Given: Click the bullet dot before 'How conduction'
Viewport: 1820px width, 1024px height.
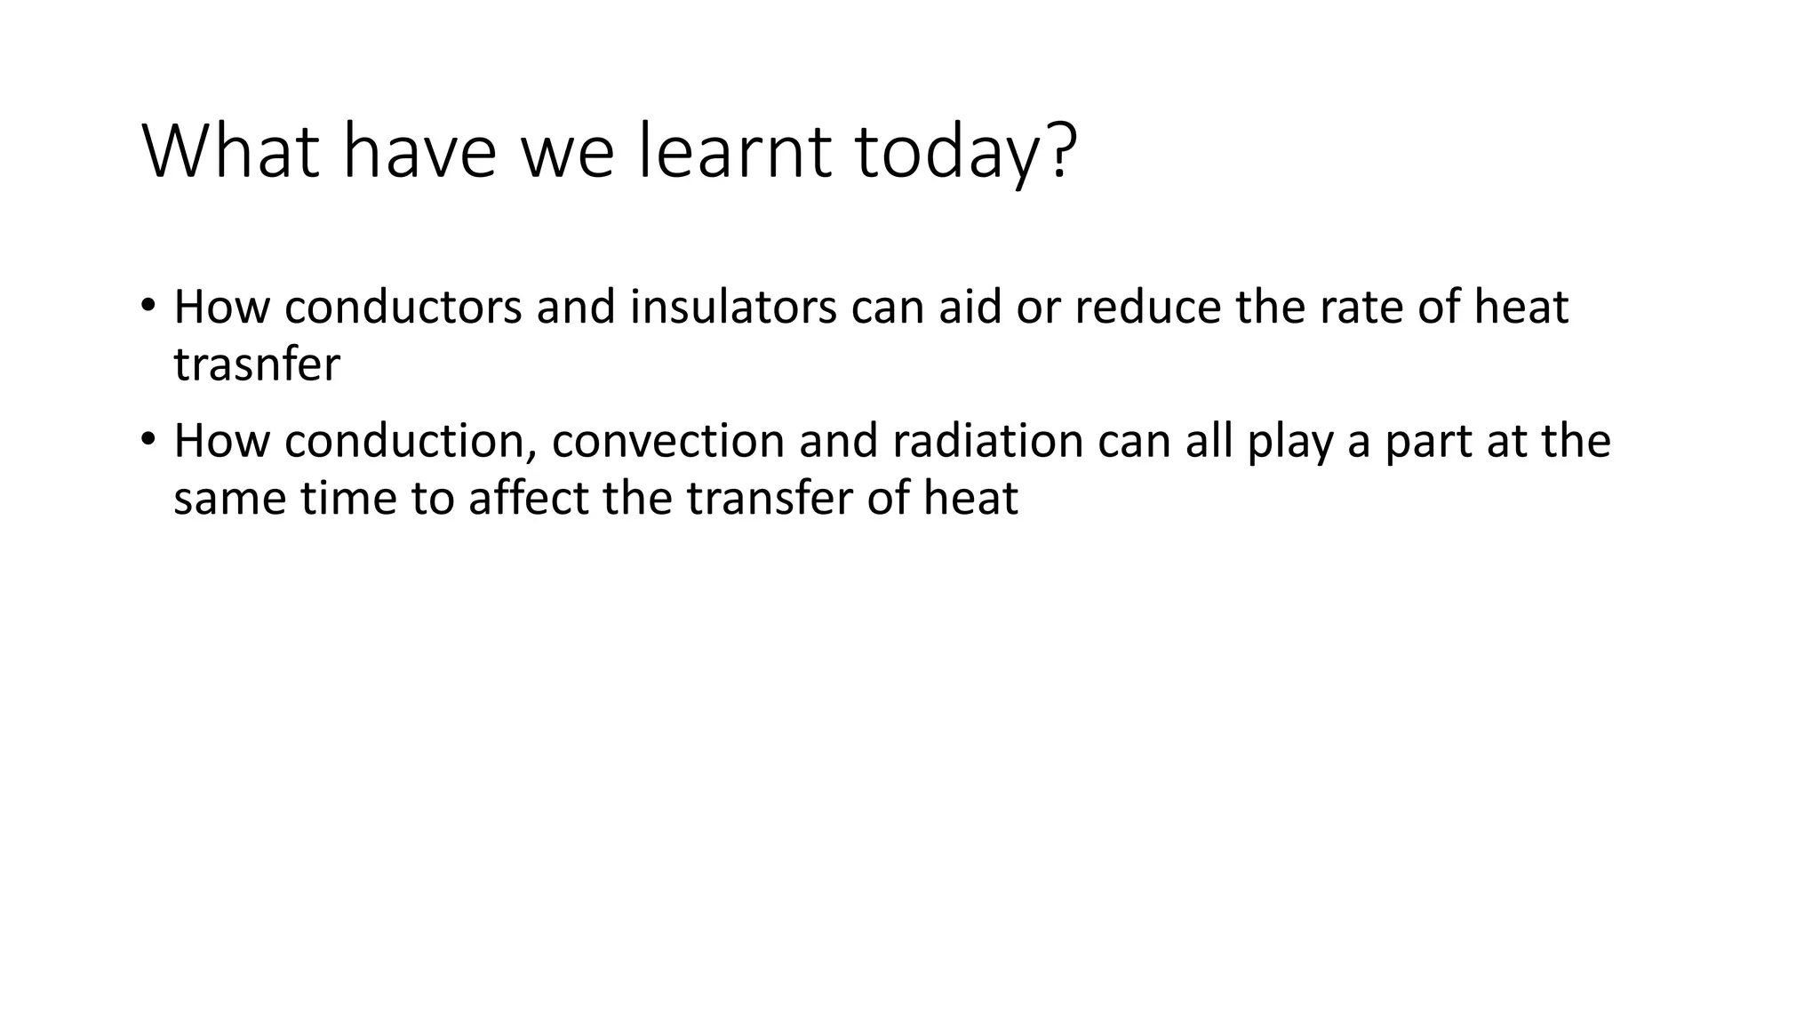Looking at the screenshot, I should click(x=148, y=437).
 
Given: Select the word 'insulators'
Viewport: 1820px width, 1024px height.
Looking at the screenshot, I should click(x=733, y=308).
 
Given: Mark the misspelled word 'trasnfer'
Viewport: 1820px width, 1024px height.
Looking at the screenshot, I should click(x=257, y=364).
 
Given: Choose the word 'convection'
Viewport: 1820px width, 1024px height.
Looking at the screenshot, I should click(x=667, y=442).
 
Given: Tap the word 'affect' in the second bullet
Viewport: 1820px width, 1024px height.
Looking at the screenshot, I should click(x=528, y=499).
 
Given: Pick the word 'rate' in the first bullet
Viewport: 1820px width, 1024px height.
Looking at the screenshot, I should click(x=1360, y=308).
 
